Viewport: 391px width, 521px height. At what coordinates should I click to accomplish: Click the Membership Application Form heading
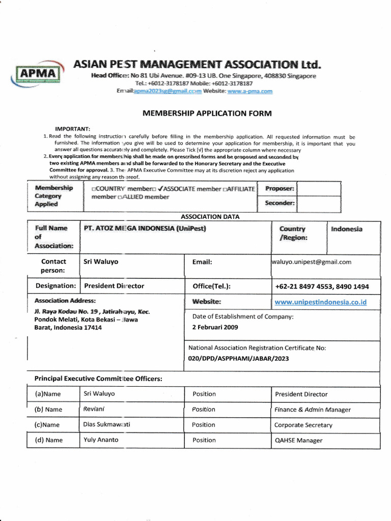pyautogui.click(x=207, y=113)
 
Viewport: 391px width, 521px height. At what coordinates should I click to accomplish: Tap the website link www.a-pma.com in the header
pyautogui.click(x=249, y=91)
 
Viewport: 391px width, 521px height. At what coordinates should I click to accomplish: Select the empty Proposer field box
pyautogui.click(x=318, y=188)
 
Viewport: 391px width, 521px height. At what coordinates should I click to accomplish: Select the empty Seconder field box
pyautogui.click(x=318, y=204)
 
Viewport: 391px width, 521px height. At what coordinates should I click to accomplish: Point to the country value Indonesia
pyautogui.click(x=347, y=229)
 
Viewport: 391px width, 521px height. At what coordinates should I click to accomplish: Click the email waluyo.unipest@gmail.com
pyautogui.click(x=312, y=262)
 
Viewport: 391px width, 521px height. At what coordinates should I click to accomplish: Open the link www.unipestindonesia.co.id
pyautogui.click(x=320, y=302)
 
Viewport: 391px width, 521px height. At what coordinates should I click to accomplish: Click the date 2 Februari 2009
pyautogui.click(x=215, y=327)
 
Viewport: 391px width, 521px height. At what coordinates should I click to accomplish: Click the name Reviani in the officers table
pyautogui.click(x=94, y=409)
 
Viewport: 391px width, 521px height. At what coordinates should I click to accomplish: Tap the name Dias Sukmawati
pyautogui.click(x=106, y=424)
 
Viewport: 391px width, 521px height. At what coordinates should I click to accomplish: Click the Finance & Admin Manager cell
pyautogui.click(x=312, y=410)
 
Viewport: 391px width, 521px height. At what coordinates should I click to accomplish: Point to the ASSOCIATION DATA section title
pyautogui.click(x=210, y=217)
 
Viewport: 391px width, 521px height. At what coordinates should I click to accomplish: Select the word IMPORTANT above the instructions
pyautogui.click(x=72, y=129)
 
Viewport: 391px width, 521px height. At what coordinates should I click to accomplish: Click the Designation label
pyautogui.click(x=55, y=286)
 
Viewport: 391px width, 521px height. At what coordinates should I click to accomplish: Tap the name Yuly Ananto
pyautogui.click(x=100, y=440)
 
